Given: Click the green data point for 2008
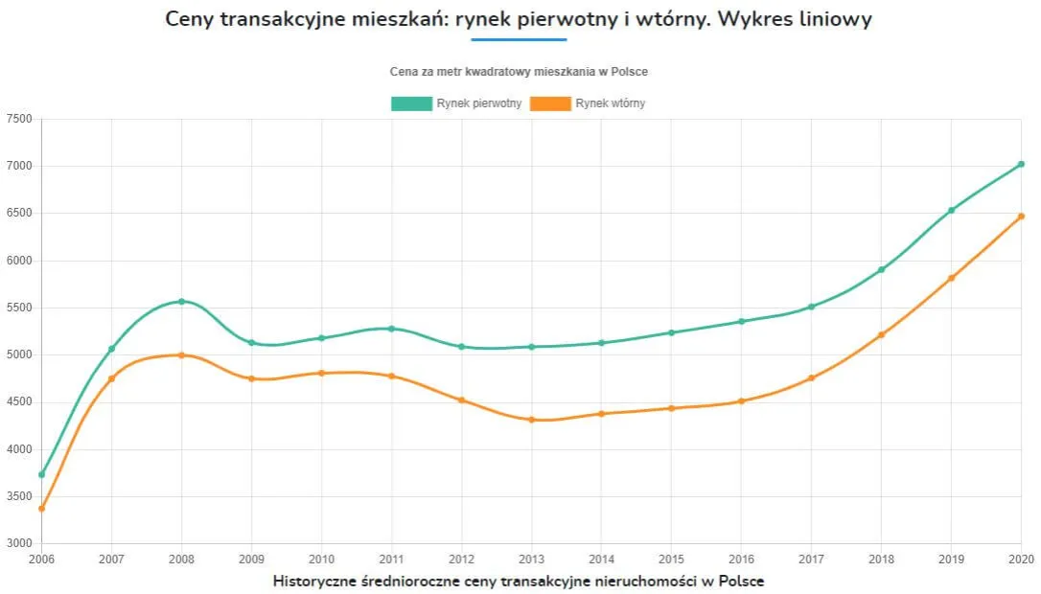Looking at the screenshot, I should click(181, 302).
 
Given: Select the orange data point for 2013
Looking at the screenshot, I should click(532, 420).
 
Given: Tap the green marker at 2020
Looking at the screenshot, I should click(1021, 164).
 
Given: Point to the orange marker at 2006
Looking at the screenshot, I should click(41, 509).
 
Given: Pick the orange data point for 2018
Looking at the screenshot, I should click(881, 334).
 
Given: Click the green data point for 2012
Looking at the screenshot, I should click(461, 347).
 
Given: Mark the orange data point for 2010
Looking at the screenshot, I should click(321, 373).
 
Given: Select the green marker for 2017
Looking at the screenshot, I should click(811, 307).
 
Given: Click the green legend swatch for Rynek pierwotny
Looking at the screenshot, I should click(411, 103).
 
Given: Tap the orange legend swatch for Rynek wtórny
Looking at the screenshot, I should click(550, 103).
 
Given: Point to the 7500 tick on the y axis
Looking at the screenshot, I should click(19, 119).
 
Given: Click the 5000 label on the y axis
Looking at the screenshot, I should click(19, 354).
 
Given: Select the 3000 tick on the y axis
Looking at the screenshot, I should click(19, 543).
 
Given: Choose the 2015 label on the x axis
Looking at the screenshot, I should click(671, 559).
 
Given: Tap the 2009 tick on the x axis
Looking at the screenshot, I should click(251, 559).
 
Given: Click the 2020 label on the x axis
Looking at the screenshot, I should click(1021, 559).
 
